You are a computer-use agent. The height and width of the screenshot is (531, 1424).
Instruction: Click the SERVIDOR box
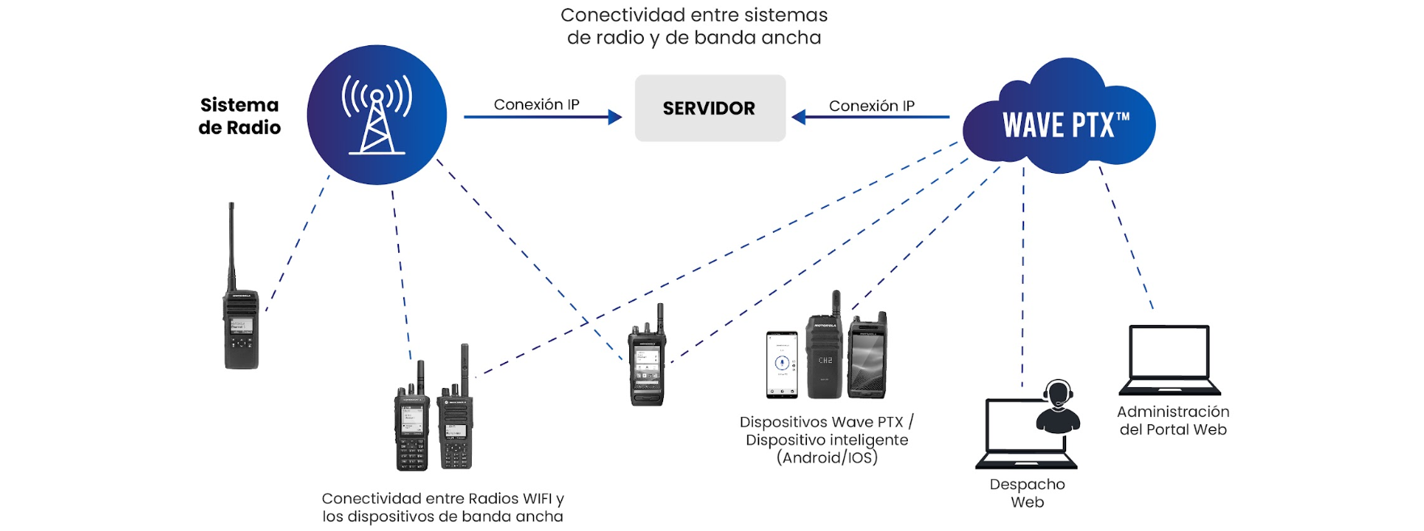(x=709, y=108)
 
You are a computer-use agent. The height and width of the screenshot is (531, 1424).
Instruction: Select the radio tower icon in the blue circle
(x=376, y=115)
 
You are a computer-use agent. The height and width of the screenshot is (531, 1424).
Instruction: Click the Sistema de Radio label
(x=239, y=116)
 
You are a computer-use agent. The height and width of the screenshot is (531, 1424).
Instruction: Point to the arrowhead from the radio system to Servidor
(x=615, y=117)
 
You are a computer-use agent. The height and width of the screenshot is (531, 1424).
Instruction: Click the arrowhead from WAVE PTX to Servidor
(x=799, y=117)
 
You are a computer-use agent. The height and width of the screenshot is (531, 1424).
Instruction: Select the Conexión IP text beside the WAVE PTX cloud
(x=872, y=106)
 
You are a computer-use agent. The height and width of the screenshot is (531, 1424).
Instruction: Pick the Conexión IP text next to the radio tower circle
(x=536, y=104)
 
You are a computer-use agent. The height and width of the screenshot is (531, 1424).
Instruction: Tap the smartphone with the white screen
(x=781, y=365)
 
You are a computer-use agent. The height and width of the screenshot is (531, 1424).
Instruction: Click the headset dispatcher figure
(x=1058, y=407)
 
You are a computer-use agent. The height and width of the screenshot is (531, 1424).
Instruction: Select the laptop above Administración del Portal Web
(x=1169, y=360)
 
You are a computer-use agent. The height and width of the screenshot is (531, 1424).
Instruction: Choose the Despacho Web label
(x=1027, y=493)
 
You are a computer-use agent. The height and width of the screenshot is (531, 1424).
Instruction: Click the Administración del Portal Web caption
(x=1173, y=420)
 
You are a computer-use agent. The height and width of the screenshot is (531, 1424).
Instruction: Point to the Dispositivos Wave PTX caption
(x=827, y=440)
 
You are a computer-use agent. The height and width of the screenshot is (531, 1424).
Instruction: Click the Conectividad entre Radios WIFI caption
(x=443, y=508)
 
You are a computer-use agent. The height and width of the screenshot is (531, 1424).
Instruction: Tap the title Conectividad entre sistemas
(x=694, y=26)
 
